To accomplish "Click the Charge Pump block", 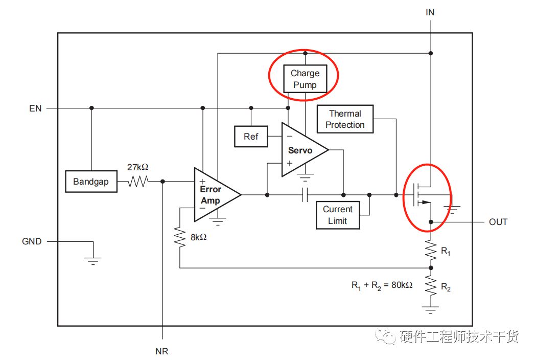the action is tap(305, 79).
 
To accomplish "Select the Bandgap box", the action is tap(91, 182).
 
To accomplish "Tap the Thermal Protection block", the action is tap(345, 119).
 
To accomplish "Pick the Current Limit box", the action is tap(338, 215).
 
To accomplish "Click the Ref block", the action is tap(251, 136).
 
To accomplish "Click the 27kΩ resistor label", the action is tap(138, 167).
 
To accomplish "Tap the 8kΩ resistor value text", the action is tap(199, 237).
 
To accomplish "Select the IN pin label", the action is tap(430, 12).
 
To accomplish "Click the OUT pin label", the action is tap(498, 222).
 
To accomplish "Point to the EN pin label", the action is tap(35, 108).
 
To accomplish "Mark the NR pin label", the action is tap(161, 351).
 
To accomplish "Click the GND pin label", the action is tap(32, 241).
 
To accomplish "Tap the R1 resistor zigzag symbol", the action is tap(431, 251).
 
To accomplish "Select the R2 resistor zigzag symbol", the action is tap(431, 286).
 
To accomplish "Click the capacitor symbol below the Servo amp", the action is tap(305, 195).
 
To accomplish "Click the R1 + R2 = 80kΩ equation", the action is tap(382, 285).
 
